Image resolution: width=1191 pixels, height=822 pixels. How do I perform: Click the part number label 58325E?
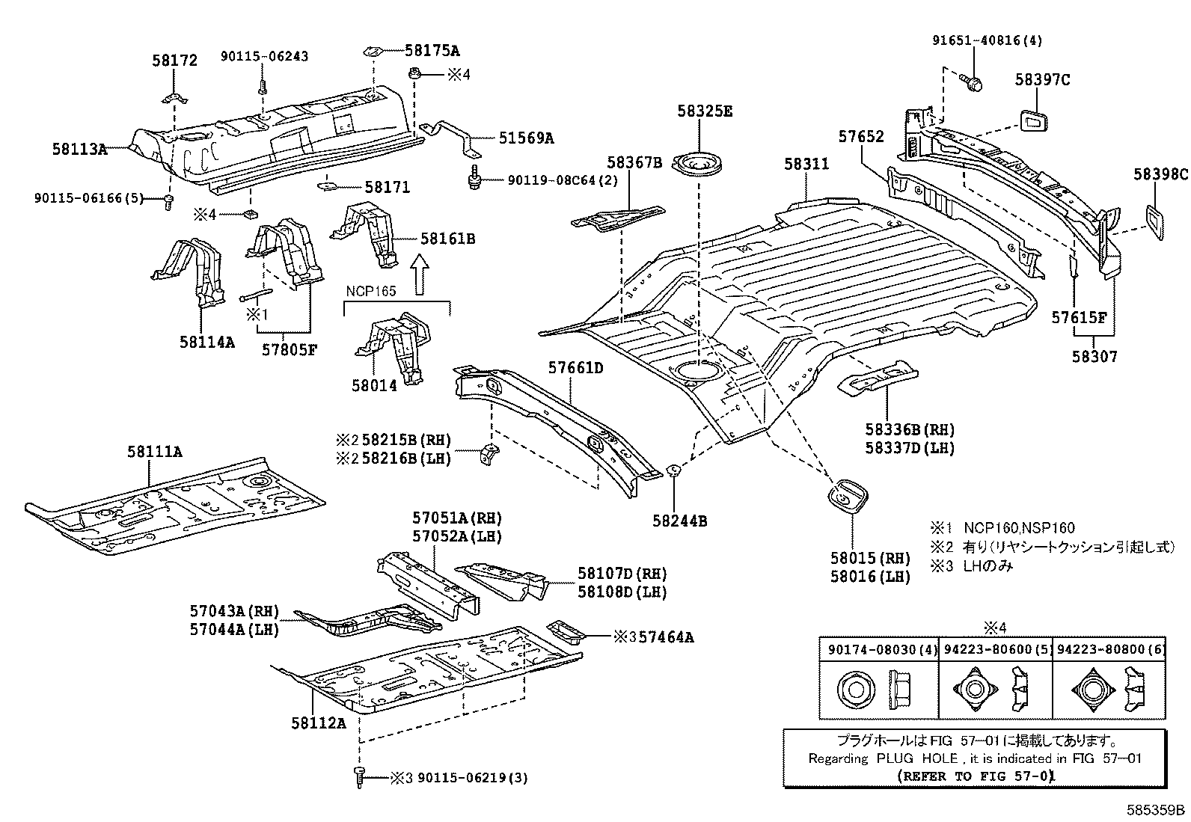[705, 111]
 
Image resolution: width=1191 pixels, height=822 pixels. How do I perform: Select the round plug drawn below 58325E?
[699, 163]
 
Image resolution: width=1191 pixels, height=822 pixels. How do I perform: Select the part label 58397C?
[1043, 79]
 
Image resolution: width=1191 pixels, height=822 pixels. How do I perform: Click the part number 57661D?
[575, 368]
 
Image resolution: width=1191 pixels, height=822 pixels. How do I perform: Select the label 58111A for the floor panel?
[155, 452]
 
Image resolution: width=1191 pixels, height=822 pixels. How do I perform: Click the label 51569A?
[527, 138]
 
